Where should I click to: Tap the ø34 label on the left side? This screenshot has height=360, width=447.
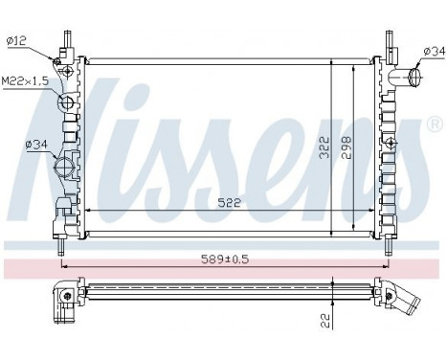coord(21,146)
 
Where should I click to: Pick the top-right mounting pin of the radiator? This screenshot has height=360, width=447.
coord(388,40)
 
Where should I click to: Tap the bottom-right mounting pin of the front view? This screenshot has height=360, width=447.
coord(388,246)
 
